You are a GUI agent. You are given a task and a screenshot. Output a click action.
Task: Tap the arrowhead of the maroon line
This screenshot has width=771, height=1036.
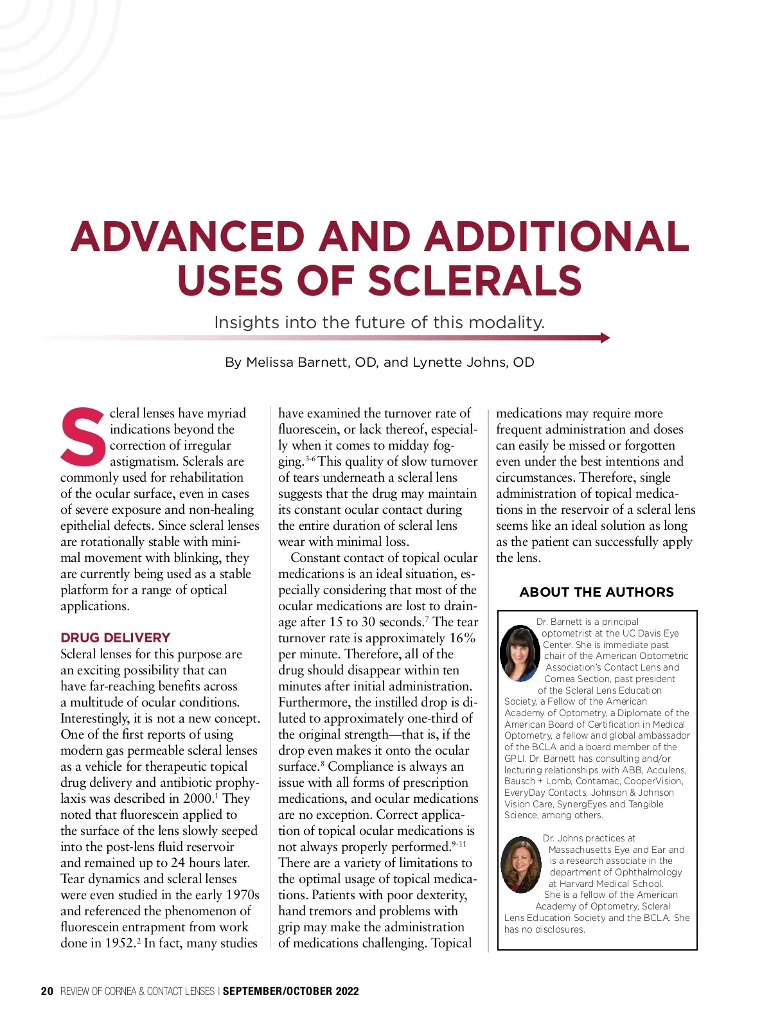[x=605, y=338]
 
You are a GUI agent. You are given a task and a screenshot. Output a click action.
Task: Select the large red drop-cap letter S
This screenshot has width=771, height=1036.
[x=83, y=436]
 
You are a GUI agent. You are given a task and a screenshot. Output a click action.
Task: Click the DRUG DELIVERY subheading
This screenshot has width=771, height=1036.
[x=116, y=638]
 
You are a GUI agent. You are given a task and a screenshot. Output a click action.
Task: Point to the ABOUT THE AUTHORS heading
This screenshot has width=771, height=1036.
[x=596, y=592]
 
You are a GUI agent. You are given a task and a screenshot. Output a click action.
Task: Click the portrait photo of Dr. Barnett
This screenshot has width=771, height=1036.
[x=519, y=653]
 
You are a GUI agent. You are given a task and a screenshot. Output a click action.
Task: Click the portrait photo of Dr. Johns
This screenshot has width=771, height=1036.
[x=520, y=864]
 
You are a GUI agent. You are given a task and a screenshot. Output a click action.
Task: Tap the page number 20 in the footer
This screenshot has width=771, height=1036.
[x=47, y=991]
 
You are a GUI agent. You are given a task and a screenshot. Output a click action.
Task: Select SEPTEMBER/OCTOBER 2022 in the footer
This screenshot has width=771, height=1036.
[x=290, y=991]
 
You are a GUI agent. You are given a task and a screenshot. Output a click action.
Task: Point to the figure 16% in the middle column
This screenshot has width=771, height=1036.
[x=462, y=638]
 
